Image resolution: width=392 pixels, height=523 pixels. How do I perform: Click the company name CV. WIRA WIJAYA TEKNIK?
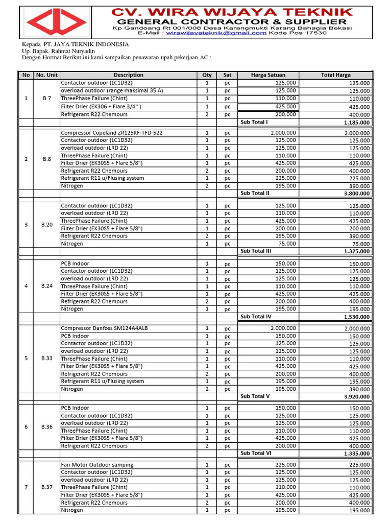pyautogui.click(x=232, y=11)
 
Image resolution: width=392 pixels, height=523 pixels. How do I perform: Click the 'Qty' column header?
pyautogui.click(x=207, y=75)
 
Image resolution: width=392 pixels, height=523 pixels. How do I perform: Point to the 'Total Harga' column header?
pyautogui.click(x=335, y=75)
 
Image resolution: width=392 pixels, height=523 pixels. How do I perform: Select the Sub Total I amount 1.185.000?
pyautogui.click(x=357, y=123)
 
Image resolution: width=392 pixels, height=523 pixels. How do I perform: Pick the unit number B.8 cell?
pyautogui.click(x=47, y=159)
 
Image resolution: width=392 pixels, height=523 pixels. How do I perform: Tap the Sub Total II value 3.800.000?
pyautogui.click(x=357, y=194)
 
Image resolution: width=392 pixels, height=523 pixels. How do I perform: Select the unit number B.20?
pyautogui.click(x=47, y=225)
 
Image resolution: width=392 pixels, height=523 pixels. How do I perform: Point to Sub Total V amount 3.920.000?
pyautogui.click(x=357, y=397)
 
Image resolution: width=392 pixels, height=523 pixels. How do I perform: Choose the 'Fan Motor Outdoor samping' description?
pyautogui.click(x=97, y=465)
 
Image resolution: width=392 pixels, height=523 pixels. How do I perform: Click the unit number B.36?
pyautogui.click(x=47, y=427)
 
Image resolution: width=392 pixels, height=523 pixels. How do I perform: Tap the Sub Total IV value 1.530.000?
pyautogui.click(x=357, y=317)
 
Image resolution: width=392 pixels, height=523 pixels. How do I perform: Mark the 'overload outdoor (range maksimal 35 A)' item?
pyautogui.click(x=112, y=90)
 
